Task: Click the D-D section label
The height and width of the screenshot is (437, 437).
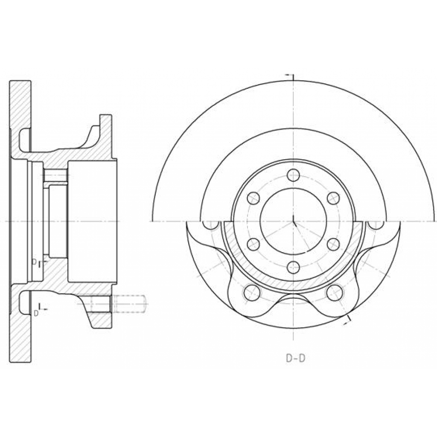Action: point(295,358)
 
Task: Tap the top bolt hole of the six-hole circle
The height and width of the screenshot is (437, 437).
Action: point(293,175)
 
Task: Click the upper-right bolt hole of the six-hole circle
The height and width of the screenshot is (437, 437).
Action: point(333,198)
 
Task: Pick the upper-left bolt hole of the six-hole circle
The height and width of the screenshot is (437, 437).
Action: point(253,198)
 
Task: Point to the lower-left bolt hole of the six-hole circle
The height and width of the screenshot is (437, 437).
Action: point(253,245)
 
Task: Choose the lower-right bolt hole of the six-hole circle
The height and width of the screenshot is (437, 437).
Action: point(333,245)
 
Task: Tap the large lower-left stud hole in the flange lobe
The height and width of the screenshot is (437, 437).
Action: point(252,293)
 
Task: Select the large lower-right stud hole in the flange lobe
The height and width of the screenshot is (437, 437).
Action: point(335,293)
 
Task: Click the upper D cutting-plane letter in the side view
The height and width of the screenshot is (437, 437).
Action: point(34,262)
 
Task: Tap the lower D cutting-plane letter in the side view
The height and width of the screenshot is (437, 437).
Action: point(36,313)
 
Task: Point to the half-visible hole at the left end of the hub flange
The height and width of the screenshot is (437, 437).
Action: point(210,225)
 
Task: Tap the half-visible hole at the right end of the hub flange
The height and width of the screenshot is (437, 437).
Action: point(376,225)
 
